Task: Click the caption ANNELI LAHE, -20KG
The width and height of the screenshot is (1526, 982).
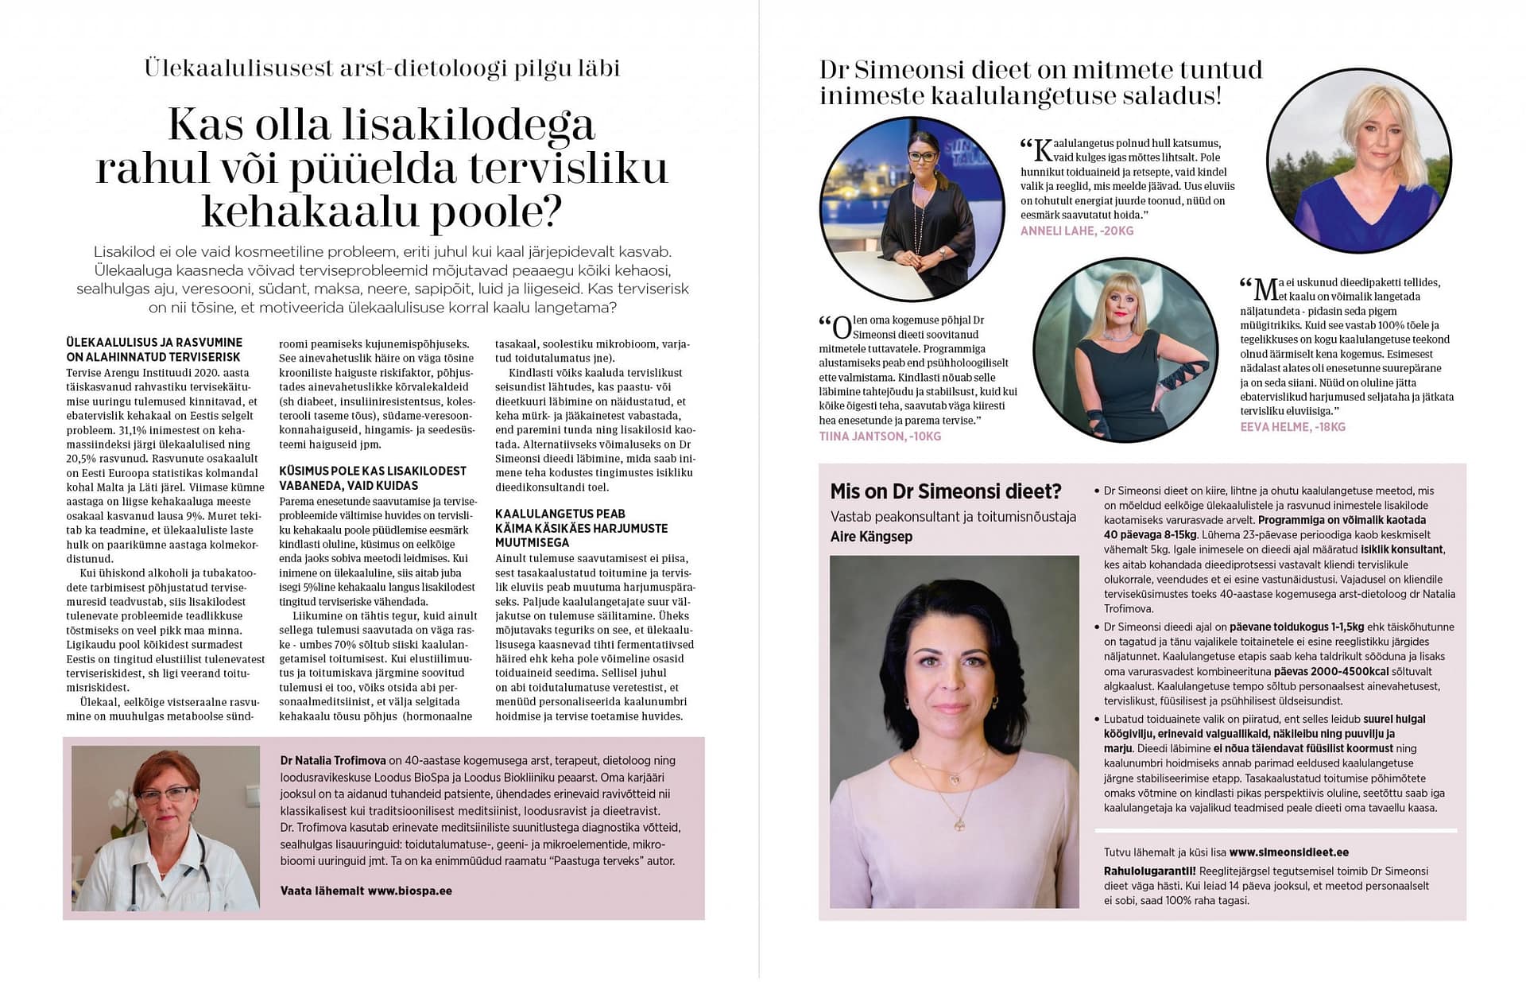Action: point(1077,231)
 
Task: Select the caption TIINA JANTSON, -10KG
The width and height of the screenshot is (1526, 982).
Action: point(880,437)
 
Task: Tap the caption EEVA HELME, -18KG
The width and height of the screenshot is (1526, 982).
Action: point(1292,427)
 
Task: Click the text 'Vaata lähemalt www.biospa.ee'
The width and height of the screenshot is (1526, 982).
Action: point(366,891)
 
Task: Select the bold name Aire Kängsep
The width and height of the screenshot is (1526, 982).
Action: point(871,537)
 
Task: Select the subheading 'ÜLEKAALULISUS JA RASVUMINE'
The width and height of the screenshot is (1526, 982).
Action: point(154,343)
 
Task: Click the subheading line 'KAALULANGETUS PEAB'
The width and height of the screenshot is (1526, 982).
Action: point(560,514)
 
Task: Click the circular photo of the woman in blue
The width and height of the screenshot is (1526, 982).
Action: point(1358,160)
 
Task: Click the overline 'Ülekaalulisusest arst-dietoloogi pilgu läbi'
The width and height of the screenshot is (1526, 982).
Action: point(381,68)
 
